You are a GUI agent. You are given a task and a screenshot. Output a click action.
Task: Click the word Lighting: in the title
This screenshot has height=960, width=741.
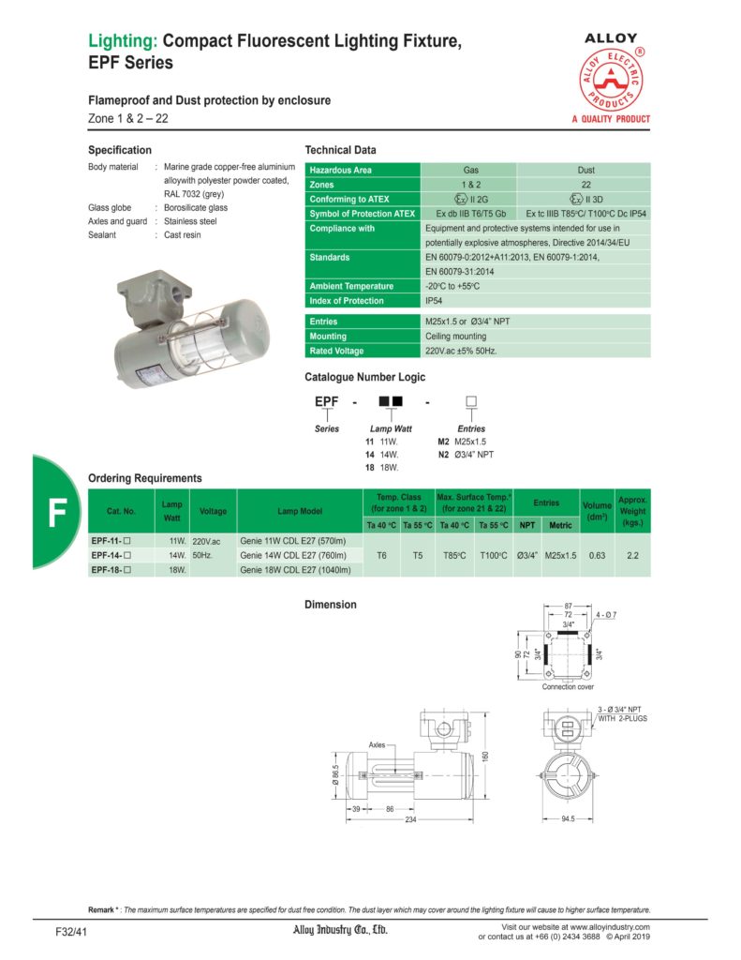coord(123,41)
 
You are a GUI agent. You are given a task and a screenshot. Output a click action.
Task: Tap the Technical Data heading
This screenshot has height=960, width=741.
coord(341,150)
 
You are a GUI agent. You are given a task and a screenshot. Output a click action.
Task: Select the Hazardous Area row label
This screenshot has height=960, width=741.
coord(342,170)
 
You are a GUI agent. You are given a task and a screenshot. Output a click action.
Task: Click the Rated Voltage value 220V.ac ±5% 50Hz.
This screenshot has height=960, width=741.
coord(461,351)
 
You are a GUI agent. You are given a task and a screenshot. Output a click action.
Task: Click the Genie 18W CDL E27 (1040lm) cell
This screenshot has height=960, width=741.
coord(295,569)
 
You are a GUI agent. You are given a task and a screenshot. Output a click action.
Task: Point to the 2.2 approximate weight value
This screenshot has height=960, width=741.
coord(632,555)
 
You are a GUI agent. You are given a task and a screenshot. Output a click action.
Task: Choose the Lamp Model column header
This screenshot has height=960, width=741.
coord(300,511)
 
